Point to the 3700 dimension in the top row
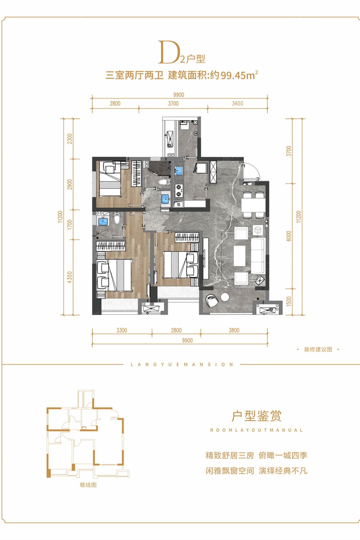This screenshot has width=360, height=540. [x=173, y=104]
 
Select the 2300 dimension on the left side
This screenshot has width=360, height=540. [x=70, y=138]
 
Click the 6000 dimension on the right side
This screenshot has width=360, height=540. [x=289, y=236]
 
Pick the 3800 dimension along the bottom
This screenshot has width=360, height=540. [x=234, y=330]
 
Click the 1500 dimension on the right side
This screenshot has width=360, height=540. [x=289, y=302]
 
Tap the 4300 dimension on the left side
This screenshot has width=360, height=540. [x=70, y=277]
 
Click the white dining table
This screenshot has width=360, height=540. [x=253, y=205]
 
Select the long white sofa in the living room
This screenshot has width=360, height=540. [x=258, y=255]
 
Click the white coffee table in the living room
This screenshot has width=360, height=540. [x=240, y=256]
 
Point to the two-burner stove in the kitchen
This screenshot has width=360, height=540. [x=178, y=190]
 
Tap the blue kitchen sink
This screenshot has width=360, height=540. [x=179, y=170]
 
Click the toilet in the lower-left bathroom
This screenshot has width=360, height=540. [x=117, y=218]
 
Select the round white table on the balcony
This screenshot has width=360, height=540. [x=225, y=297]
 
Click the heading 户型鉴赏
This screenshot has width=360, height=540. [x=257, y=416]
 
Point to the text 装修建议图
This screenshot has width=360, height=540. [x=318, y=349]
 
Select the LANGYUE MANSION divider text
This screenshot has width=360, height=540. [x=182, y=364]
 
